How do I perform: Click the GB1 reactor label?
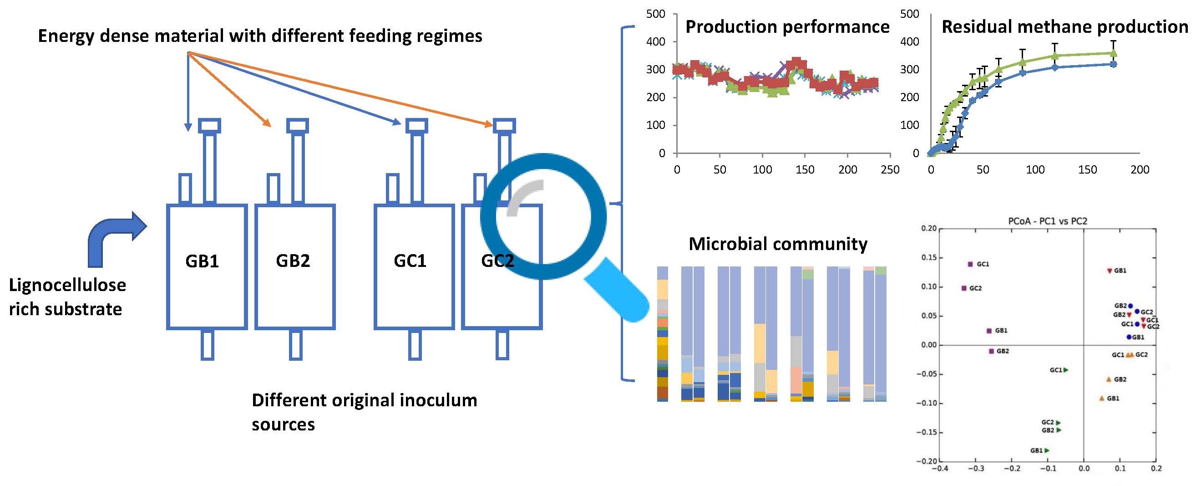(x=202, y=261)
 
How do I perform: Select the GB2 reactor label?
(x=293, y=261)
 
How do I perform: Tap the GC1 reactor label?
(x=410, y=261)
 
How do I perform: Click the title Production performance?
(x=787, y=27)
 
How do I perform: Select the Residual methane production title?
(x=1064, y=27)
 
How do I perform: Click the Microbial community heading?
(x=778, y=244)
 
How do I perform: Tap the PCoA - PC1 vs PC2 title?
(x=1048, y=221)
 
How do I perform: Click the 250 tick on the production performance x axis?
(x=890, y=169)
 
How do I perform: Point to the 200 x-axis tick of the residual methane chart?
(x=1140, y=169)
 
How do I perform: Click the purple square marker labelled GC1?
(x=970, y=264)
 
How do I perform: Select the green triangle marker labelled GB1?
(x=1047, y=450)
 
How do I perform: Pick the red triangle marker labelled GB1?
(x=1110, y=271)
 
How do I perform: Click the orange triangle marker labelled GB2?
(x=1109, y=379)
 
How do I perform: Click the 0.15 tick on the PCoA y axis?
(x=929, y=257)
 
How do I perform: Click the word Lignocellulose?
(x=67, y=285)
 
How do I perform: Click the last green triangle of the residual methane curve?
(x=1113, y=53)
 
